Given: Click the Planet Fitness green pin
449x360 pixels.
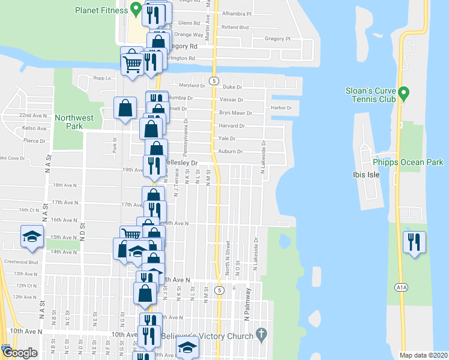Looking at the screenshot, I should [136, 10].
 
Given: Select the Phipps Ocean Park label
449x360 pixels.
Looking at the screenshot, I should [408, 162].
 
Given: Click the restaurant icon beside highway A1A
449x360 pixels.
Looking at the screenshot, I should [414, 242].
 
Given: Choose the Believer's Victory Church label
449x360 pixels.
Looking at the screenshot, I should [214, 335].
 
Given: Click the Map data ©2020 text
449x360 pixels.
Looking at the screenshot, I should [423, 355].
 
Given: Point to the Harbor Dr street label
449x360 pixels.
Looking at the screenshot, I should [281, 108].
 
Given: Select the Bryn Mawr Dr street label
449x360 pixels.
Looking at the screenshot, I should [232, 113].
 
